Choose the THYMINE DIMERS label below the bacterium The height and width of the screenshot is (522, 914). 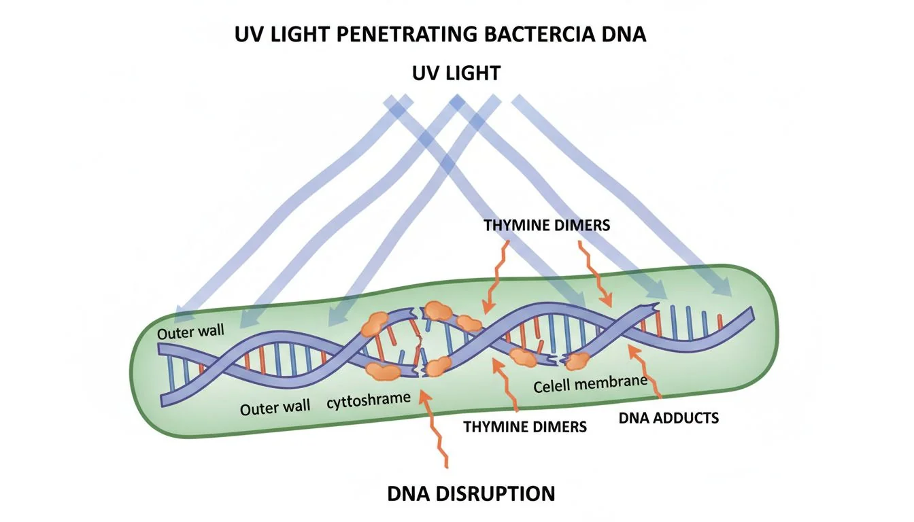click(x=525, y=427)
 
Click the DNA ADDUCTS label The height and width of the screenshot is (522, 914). click(x=668, y=418)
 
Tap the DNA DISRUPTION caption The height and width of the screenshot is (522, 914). click(x=471, y=493)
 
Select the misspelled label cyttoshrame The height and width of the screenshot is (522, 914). click(x=369, y=400)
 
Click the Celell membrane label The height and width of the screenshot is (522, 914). click(x=590, y=385)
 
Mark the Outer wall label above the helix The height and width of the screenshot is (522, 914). click(x=190, y=334)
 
